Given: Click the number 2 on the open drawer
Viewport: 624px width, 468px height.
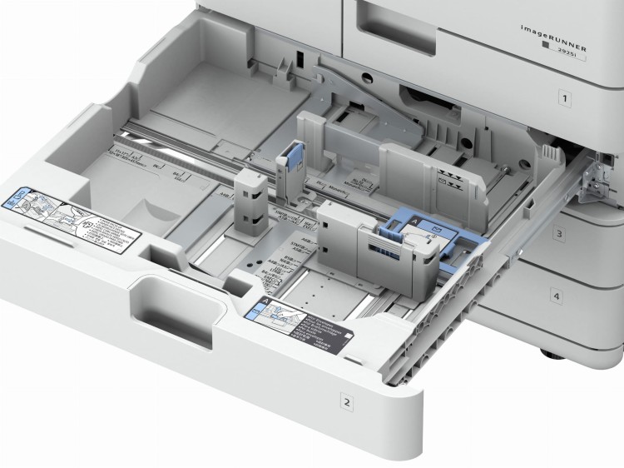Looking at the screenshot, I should pyautogui.click(x=347, y=402).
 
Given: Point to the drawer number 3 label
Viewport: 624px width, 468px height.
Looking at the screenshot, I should pyautogui.click(x=559, y=236).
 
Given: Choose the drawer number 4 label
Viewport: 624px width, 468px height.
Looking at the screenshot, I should pyautogui.click(x=556, y=296).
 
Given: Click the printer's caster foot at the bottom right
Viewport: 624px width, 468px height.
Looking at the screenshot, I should pyautogui.click(x=552, y=355).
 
